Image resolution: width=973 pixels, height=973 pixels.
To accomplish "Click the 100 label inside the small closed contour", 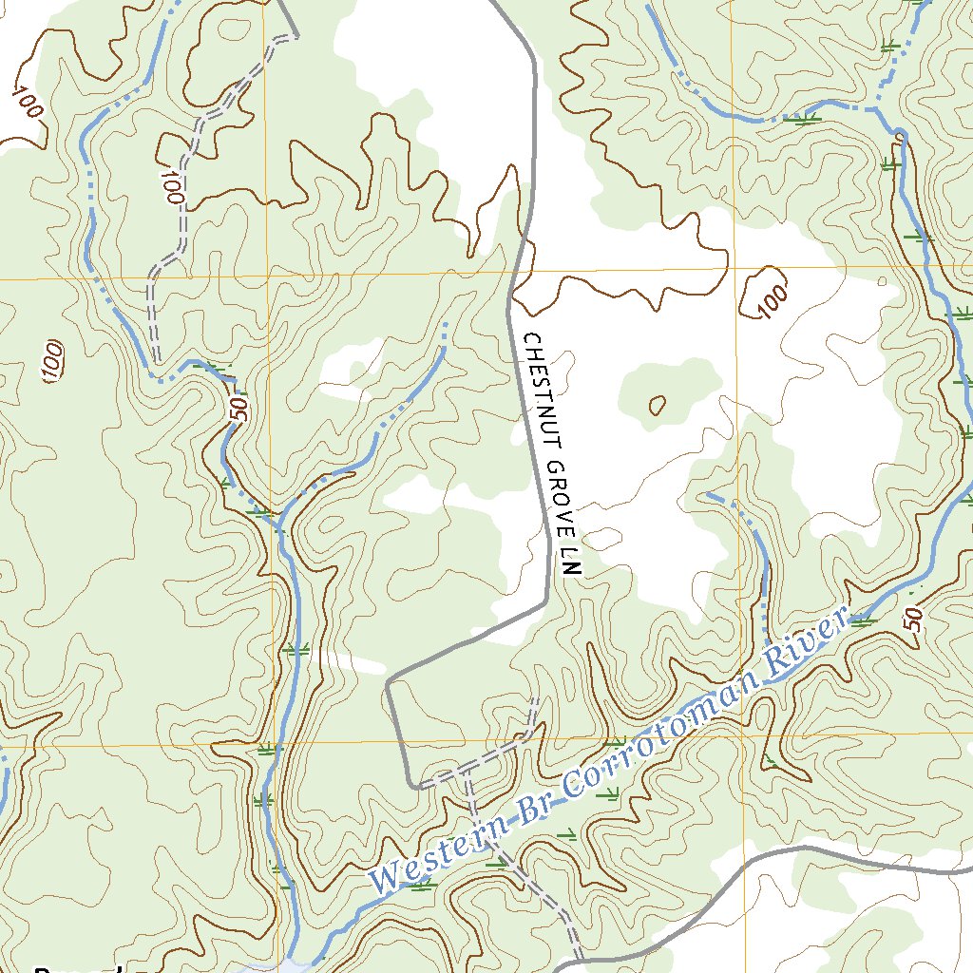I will [x=773, y=300].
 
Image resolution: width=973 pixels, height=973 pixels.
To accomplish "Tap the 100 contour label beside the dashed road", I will [x=172, y=186].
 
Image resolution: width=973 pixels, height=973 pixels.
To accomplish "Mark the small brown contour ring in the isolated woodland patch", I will [x=657, y=406].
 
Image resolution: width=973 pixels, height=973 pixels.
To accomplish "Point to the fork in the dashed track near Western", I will [x=466, y=770].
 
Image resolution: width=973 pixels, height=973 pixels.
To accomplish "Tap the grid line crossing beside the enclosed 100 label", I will [x=733, y=269].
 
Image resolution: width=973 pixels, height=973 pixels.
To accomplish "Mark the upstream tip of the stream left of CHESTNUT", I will [x=445, y=325].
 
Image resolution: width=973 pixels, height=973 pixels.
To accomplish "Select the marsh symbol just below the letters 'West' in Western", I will [x=422, y=884].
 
